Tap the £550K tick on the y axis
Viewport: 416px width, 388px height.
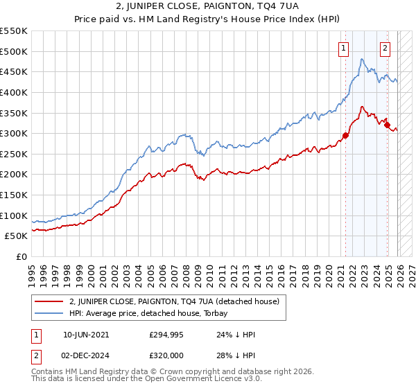click(14, 31)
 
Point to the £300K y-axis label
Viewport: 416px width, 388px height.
click(14, 133)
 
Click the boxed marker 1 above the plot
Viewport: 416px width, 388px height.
click(344, 48)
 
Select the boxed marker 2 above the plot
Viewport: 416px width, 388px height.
click(385, 48)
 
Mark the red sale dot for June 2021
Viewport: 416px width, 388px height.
click(345, 135)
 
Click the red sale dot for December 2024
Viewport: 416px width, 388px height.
click(388, 125)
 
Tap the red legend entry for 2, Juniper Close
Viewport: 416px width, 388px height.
click(173, 301)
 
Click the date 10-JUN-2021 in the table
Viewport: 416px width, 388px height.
click(85, 334)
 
